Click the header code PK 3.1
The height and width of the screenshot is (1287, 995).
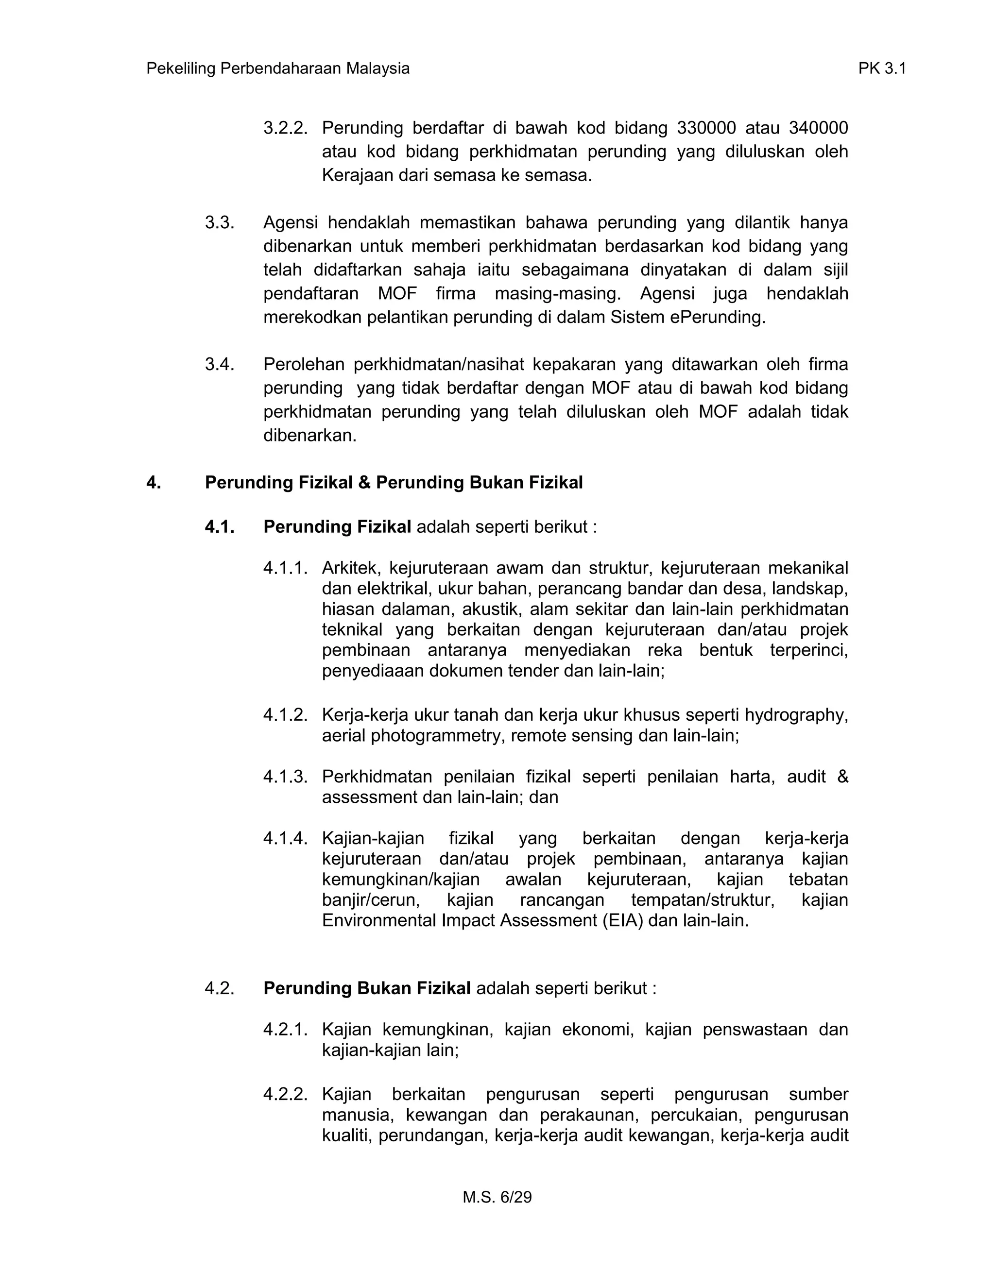(881, 69)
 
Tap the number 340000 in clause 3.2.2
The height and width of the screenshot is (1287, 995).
(818, 128)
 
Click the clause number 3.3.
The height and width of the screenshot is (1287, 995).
(219, 223)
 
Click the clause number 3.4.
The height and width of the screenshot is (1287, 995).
(219, 364)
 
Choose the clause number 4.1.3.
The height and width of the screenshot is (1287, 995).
(285, 777)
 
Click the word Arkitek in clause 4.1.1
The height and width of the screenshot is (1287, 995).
(351, 568)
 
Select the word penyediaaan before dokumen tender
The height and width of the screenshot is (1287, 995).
(373, 671)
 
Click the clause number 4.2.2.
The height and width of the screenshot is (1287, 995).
(285, 1094)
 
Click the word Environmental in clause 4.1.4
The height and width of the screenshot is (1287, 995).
(379, 920)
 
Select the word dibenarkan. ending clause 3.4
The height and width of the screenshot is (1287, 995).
(310, 436)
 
